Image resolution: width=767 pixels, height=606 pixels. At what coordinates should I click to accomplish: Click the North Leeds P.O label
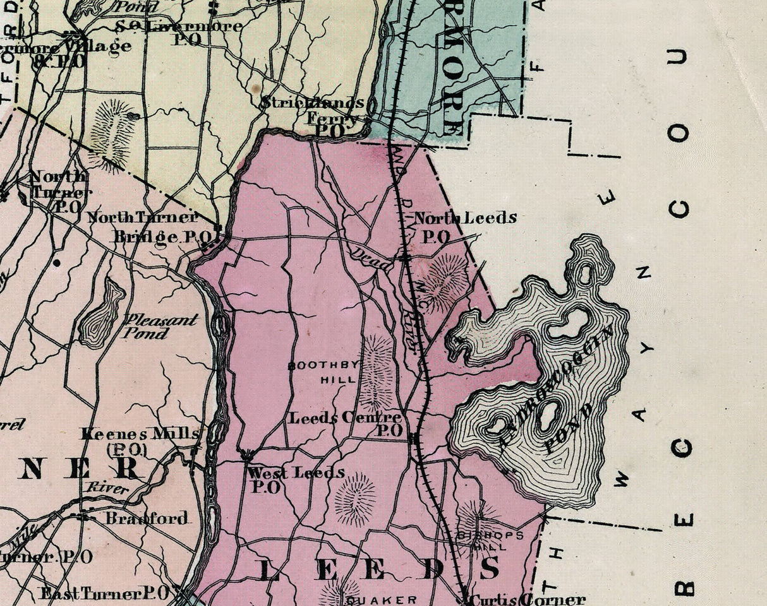pos(464,227)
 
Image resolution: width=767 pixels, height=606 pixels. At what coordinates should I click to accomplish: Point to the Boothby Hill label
pos(323,372)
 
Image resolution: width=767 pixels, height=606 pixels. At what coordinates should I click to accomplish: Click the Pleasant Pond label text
pos(160,326)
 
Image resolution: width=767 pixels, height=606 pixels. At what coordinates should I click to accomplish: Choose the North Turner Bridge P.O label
pos(145,227)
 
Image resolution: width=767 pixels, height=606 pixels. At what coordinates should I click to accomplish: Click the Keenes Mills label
pos(139,434)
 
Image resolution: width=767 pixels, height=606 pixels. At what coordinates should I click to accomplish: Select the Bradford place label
pos(146,518)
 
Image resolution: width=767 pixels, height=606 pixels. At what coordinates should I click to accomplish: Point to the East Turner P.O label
pos(104,593)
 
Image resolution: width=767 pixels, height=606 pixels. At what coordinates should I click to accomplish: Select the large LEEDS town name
pos(379,569)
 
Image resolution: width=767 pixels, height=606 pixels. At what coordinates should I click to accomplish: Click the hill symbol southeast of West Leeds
pos(355,499)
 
